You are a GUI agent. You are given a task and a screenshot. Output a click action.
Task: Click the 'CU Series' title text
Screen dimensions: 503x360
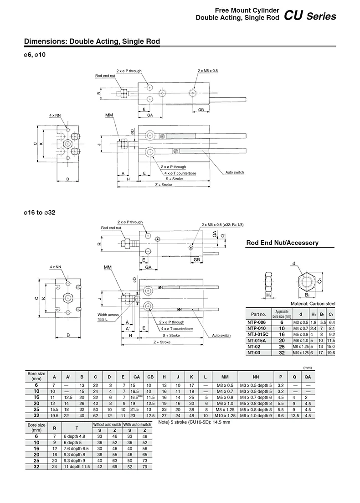[x=310, y=16]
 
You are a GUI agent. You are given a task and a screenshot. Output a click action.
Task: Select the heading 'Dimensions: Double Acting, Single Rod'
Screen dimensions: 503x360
[x=92, y=41]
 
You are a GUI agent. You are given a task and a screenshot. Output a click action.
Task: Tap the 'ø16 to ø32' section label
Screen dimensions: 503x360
[x=40, y=213]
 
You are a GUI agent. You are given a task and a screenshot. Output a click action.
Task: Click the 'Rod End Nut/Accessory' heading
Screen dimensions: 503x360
[x=282, y=243]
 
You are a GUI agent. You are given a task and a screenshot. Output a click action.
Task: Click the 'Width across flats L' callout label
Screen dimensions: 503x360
[x=108, y=317]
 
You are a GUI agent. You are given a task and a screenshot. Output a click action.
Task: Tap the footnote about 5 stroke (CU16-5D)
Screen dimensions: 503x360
[x=194, y=422]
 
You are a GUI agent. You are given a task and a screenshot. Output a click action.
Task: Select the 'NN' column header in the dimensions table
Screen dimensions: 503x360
[x=256, y=377]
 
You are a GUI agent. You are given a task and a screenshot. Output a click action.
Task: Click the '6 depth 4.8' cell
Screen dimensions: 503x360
[x=75, y=436]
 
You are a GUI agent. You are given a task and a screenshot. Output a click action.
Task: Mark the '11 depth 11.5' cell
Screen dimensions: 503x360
[x=76, y=467]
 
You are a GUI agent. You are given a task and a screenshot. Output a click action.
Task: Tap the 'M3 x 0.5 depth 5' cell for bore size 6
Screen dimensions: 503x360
[x=256, y=385]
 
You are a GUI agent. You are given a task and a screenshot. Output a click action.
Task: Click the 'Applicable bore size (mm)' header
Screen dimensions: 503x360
[x=282, y=314]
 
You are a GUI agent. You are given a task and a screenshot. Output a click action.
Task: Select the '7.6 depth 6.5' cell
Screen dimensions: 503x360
[x=76, y=449]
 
